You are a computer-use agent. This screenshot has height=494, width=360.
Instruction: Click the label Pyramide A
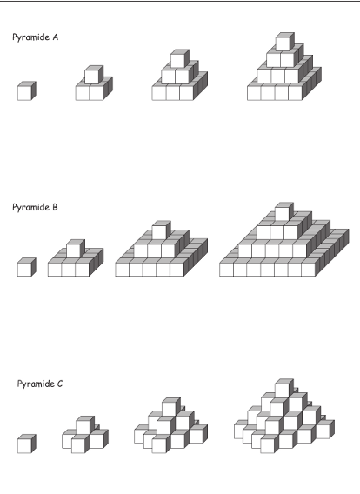click(x=36, y=37)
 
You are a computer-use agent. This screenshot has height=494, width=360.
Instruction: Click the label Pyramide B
click(x=35, y=207)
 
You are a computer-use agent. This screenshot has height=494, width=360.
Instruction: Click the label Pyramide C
click(x=40, y=384)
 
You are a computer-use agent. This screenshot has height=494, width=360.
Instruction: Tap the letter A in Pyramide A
click(x=56, y=37)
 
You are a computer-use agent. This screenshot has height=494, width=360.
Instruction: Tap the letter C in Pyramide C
click(x=60, y=384)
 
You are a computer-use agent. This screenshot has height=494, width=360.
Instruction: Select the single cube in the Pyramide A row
click(x=27, y=91)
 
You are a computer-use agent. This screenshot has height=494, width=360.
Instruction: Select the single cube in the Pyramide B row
click(x=27, y=267)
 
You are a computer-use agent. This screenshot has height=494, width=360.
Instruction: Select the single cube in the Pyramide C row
click(x=27, y=444)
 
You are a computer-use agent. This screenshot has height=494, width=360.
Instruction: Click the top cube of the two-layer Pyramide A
click(x=94, y=75)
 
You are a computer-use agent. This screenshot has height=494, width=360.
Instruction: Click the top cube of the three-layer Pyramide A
click(x=180, y=58)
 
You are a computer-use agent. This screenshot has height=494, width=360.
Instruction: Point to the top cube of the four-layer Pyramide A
click(x=285, y=42)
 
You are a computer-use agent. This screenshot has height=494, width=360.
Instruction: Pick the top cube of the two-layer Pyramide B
click(x=76, y=249)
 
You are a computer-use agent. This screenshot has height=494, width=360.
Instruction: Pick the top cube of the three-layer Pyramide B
click(x=161, y=230)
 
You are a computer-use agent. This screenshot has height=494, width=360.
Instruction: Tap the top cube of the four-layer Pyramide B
click(x=284, y=211)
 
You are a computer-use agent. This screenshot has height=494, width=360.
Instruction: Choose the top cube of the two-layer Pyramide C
click(x=85, y=425)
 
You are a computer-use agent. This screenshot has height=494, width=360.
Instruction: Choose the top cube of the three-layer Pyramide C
click(x=171, y=407)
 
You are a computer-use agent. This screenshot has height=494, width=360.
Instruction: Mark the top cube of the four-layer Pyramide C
click(x=284, y=388)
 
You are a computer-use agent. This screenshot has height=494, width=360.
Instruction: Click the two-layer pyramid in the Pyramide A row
click(x=94, y=83)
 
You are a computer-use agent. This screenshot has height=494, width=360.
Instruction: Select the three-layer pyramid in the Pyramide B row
click(x=161, y=249)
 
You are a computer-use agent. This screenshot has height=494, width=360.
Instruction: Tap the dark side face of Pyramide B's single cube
click(x=34, y=266)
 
